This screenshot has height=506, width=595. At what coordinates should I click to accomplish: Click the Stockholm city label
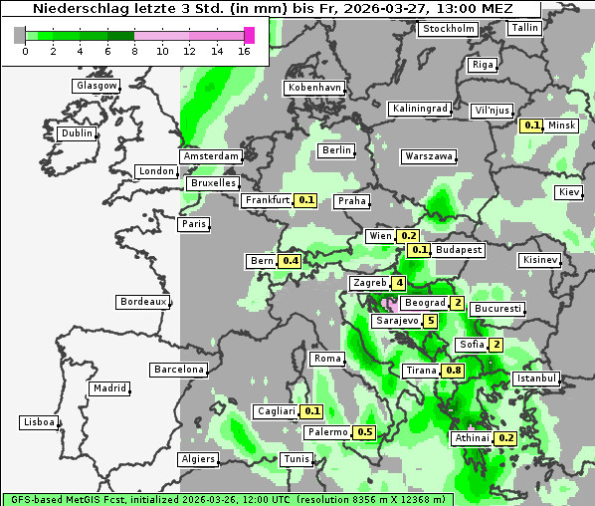point(448,29)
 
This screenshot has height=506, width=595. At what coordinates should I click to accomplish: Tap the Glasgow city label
point(97,86)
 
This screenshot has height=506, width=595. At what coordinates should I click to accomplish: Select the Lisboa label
point(39,422)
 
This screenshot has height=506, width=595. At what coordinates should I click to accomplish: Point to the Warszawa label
point(429,156)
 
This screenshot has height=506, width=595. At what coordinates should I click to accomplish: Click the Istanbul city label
point(536,379)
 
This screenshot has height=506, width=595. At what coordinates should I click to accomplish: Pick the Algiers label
point(197,459)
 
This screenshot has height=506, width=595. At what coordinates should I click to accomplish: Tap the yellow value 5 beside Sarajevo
point(430,321)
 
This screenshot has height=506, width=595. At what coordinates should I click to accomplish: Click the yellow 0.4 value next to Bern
point(290,261)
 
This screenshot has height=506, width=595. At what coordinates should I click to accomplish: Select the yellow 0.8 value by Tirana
point(453,371)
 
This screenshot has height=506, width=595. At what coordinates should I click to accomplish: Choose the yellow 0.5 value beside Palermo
point(364,432)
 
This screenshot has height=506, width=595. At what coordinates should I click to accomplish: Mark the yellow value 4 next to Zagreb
point(399,284)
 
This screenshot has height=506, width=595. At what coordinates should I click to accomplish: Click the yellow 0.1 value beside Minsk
point(531,126)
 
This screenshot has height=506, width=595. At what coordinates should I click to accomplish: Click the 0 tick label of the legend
point(25,51)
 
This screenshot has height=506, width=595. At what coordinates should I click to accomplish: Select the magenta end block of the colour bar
point(249,36)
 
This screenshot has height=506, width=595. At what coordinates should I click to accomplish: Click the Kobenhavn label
point(314,88)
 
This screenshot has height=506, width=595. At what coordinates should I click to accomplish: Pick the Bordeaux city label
point(142,301)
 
